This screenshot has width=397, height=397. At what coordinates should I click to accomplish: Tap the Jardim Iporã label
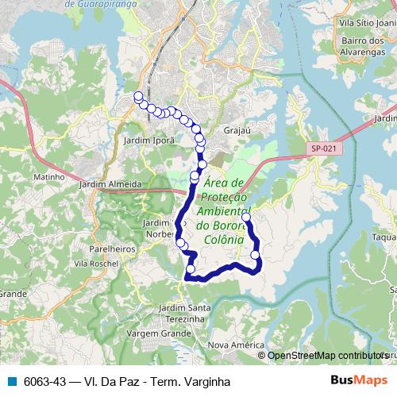pos(143,139)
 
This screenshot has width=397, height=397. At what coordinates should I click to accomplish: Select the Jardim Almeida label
pos(110,183)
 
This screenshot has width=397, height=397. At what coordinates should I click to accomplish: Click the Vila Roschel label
pos(95,263)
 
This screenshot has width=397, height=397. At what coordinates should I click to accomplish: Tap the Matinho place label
pos(48,177)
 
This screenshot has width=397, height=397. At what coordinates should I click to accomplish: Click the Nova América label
pos(235,345)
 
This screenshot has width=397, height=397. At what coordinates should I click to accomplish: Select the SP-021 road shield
pos(323,148)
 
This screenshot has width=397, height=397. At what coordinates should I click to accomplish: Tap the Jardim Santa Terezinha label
pos(185,312)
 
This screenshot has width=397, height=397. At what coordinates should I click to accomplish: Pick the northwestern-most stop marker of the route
pos(138,97)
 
